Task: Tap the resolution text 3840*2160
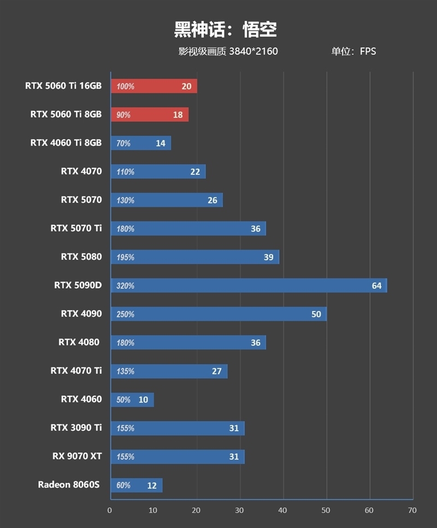tap(253, 52)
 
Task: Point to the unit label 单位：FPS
tap(353, 52)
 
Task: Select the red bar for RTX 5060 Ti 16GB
tap(153, 86)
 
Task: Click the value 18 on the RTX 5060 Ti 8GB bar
tap(178, 115)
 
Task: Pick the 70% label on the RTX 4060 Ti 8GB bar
tap(123, 143)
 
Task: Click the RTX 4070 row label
tap(81, 171)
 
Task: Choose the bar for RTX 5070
tap(167, 200)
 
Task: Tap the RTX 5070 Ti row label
tap(76, 228)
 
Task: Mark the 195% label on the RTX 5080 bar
tap(125, 257)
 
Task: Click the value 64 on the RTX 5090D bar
tap(376, 285)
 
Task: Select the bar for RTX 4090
tap(218, 314)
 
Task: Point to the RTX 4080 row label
tap(79, 342)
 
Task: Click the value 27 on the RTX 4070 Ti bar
tap(217, 371)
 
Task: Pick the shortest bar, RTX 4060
tap(132, 400)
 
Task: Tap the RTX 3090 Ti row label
tap(76, 427)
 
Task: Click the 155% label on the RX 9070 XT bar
tap(125, 456)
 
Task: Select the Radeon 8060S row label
tap(69, 484)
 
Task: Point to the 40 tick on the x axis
tap(282, 511)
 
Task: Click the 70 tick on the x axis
tap(412, 511)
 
